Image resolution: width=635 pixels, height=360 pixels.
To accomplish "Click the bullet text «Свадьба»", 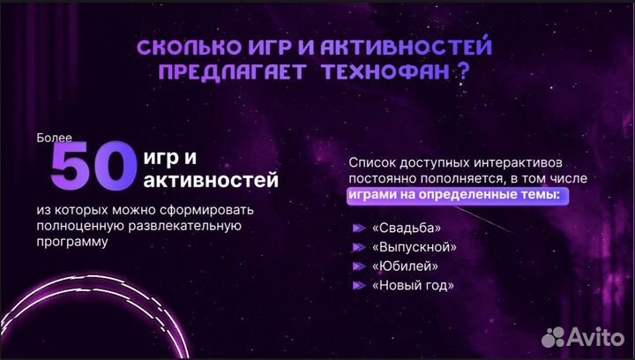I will (x=406, y=228).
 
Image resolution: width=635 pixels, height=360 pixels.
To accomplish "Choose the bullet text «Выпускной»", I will (x=413, y=247).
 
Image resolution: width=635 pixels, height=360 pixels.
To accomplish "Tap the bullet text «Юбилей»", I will (x=405, y=266).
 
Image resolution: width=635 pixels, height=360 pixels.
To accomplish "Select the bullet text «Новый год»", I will (x=413, y=286).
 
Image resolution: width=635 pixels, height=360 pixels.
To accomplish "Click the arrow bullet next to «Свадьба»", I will (x=357, y=228).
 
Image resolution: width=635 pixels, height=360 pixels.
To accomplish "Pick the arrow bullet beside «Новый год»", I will (x=357, y=286).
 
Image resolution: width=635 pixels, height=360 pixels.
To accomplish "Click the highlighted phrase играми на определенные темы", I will (x=453, y=195).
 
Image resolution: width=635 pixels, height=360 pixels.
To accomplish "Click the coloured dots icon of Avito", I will (x=553, y=336).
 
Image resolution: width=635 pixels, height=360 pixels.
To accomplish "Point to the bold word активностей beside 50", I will (x=210, y=181).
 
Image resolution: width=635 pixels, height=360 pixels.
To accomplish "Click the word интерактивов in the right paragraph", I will (x=521, y=163).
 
